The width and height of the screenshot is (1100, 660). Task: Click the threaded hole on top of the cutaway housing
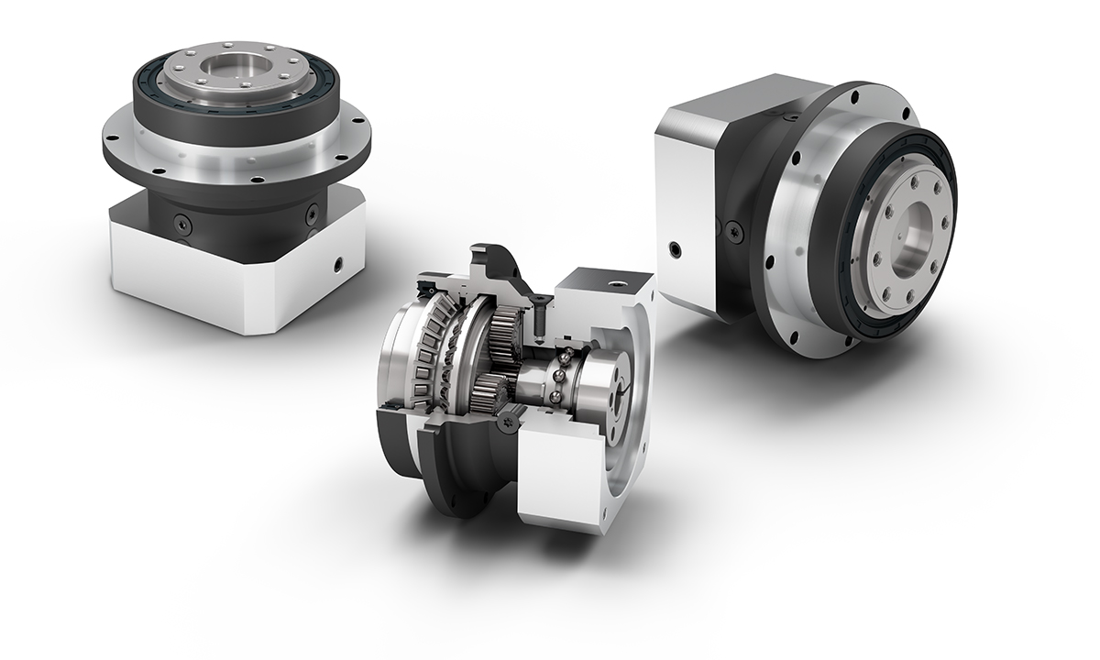click(x=605, y=278)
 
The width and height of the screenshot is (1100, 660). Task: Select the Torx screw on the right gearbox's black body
click(x=734, y=229)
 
